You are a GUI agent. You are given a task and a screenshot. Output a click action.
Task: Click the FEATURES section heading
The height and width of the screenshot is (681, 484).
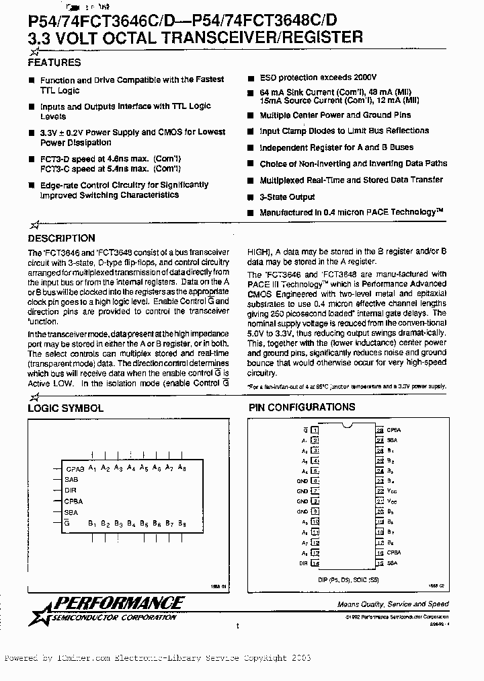(x=54, y=63)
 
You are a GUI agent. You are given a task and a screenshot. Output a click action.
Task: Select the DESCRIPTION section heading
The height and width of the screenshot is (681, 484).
(x=61, y=238)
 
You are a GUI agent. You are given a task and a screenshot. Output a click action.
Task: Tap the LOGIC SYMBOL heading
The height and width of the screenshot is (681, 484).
(x=65, y=408)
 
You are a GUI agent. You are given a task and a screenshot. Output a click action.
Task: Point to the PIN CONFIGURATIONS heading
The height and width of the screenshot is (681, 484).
(x=302, y=407)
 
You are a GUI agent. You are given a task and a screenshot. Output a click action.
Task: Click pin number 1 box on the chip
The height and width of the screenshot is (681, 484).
(x=315, y=429)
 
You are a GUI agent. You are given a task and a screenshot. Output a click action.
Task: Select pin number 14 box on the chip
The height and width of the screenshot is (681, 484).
(x=315, y=562)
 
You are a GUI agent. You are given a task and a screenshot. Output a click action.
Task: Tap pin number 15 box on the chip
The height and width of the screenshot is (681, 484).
(x=380, y=562)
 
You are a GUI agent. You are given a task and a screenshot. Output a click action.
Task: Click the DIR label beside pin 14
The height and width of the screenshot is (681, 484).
(x=304, y=562)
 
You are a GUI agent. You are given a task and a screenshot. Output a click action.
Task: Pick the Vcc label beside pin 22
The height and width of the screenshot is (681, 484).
(x=392, y=491)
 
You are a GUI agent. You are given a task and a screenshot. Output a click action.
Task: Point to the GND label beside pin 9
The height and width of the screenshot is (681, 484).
(x=302, y=511)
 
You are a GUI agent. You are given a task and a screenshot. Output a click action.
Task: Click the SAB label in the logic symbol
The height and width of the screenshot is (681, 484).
(x=72, y=479)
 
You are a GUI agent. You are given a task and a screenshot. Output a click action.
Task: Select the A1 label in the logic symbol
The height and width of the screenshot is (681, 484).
(x=93, y=468)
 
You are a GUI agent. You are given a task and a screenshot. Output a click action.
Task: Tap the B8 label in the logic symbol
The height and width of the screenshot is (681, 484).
(x=182, y=523)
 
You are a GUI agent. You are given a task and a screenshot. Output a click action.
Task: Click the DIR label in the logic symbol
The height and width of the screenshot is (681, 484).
(x=71, y=490)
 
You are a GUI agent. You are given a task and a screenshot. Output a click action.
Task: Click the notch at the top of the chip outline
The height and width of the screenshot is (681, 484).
(x=347, y=425)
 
